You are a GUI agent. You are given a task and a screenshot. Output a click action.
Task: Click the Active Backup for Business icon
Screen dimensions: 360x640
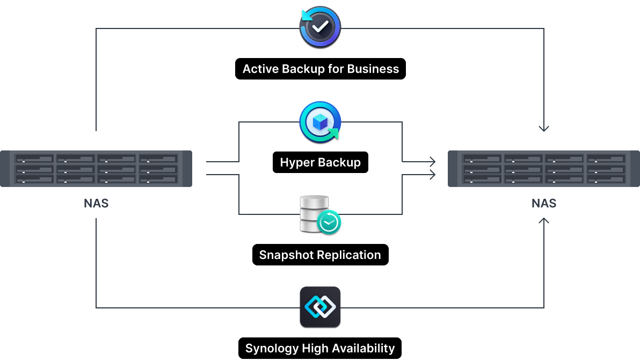coord(320,27)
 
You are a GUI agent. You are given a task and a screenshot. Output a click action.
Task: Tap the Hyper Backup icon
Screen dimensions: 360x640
coord(320,122)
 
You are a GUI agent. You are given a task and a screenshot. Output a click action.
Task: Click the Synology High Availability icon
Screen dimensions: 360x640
coord(320,307)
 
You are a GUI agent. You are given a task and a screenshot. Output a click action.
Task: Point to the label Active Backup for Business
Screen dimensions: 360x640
coord(321,69)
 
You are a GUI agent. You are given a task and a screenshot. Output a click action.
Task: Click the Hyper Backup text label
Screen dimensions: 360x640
coord(320,162)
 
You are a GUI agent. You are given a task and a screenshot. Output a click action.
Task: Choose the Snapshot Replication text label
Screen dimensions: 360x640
coord(320,255)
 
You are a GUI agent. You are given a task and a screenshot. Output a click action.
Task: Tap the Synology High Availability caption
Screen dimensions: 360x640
coord(320,348)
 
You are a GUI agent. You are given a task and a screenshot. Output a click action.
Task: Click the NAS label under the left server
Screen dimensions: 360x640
coord(96,204)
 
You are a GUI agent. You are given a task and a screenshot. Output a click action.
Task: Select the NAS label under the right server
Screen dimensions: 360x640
coord(544,204)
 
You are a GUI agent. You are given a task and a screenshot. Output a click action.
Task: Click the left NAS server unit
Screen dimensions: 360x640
coord(96,169)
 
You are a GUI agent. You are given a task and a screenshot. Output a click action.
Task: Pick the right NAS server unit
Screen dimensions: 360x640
coord(544,169)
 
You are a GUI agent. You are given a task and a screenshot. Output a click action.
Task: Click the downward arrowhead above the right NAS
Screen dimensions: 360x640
coord(544,129)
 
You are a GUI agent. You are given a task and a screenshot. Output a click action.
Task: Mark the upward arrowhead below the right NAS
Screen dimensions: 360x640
coord(544,220)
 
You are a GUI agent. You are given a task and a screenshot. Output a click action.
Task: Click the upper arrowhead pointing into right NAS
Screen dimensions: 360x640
coord(432,161)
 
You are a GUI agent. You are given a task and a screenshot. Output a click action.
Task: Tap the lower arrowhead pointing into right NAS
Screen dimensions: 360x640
coord(432,174)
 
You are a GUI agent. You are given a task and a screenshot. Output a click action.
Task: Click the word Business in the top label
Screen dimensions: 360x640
coord(373,69)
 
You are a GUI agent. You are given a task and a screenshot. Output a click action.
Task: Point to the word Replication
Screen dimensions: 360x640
coord(350,255)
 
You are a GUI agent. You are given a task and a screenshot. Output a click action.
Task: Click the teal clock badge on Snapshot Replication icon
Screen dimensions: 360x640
coord(329,222)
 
